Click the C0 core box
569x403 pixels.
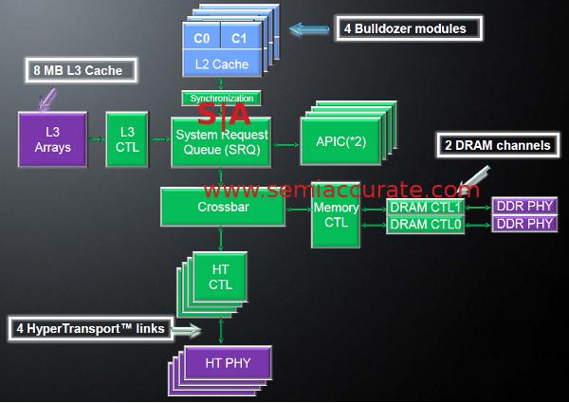(201, 39)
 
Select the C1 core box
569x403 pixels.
(238, 39)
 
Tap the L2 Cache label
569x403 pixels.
(220, 64)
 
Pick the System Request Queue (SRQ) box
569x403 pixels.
(220, 142)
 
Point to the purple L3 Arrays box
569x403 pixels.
(52, 140)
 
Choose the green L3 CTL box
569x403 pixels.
(127, 140)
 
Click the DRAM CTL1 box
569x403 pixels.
(426, 207)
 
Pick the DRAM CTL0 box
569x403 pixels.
(426, 224)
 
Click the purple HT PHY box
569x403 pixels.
(227, 362)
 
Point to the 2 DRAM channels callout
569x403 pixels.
(497, 146)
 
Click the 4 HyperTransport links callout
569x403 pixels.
(91, 329)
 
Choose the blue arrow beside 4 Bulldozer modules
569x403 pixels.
(309, 29)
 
